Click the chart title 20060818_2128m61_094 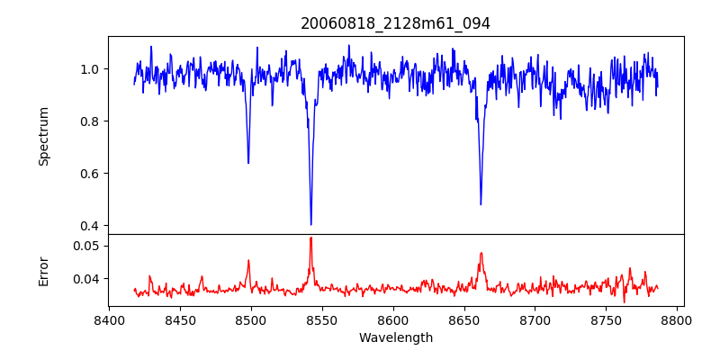pyautogui.click(x=395, y=23)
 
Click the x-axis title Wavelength pyautogui.click(x=395, y=337)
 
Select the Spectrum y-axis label pyautogui.click(x=44, y=136)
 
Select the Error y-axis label pyautogui.click(x=44, y=270)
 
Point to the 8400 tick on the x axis pyautogui.click(x=109, y=319)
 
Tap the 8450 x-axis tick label pyautogui.click(x=180, y=319)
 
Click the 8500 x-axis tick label pyautogui.click(x=251, y=319)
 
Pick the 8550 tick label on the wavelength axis pyautogui.click(x=322, y=319)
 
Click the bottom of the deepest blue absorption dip pyautogui.click(x=311, y=224)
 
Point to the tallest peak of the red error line pyautogui.click(x=311, y=238)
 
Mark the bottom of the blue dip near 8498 pyautogui.click(x=248, y=163)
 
